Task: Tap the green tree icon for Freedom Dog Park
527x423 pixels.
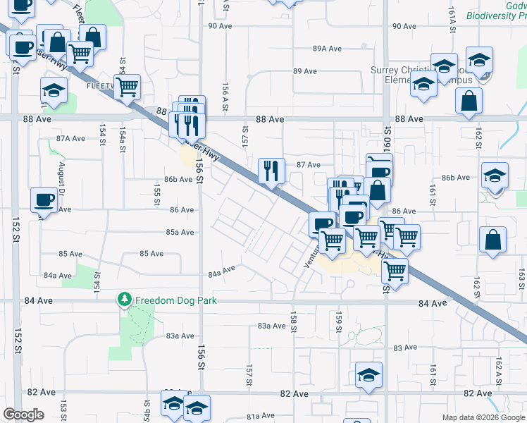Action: [x=125, y=300]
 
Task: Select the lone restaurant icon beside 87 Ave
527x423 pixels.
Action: [x=271, y=170]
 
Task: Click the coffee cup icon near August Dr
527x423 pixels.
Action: [x=44, y=200]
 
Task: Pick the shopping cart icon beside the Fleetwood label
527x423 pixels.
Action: [x=128, y=87]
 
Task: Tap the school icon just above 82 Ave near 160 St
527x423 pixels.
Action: [x=368, y=375]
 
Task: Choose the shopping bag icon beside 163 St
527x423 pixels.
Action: [x=493, y=240]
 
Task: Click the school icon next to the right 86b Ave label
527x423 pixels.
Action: [x=495, y=176]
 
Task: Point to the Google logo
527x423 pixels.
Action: [x=23, y=415]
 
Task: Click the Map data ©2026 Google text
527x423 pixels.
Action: [x=483, y=417]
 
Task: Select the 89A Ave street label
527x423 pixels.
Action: [x=328, y=49]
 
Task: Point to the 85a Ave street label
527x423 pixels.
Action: [x=180, y=232]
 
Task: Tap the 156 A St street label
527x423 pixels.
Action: [x=225, y=92]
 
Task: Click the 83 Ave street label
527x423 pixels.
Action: [x=406, y=348]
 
